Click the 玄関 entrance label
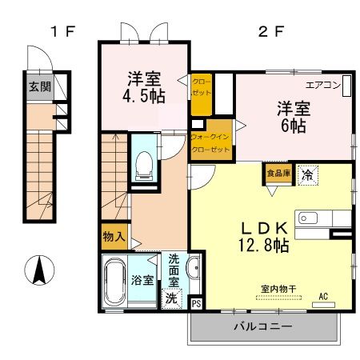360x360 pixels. [40, 86]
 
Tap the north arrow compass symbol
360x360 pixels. [39, 270]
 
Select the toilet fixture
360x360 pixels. [144, 166]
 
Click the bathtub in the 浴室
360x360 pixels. [115, 282]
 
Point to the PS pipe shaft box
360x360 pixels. [197, 303]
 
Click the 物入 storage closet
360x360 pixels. [114, 237]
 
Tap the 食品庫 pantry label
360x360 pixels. [278, 174]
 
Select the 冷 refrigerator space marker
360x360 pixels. [307, 175]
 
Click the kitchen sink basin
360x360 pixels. [308, 218]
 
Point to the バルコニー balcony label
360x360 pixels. [263, 326]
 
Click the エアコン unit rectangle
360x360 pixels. [346, 86]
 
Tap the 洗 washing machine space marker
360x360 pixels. [171, 298]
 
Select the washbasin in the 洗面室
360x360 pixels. [194, 268]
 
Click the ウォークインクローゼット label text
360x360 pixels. [210, 143]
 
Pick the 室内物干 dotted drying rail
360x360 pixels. [278, 298]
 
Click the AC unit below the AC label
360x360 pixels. [323, 305]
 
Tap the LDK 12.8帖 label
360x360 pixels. [264, 236]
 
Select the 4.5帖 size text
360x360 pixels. [144, 96]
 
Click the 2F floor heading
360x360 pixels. [271, 32]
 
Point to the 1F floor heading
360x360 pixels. [63, 32]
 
